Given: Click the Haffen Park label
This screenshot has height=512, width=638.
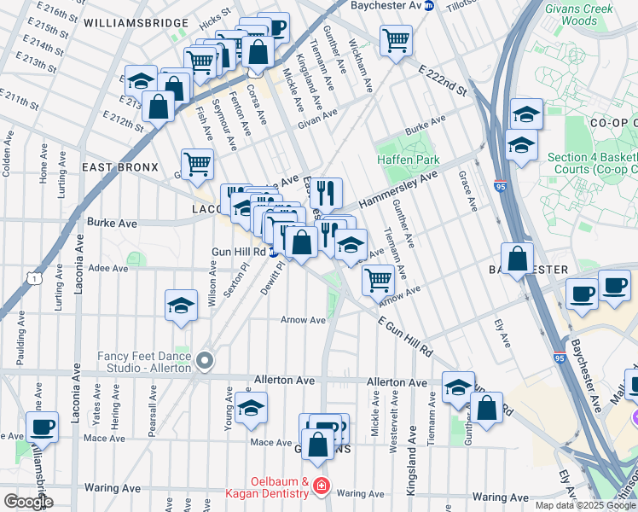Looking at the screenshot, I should pos(408,160).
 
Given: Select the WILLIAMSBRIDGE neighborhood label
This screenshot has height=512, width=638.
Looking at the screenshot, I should pos(136,22).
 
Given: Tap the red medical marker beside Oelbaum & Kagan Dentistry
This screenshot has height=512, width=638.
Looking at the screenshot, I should pos(322,486).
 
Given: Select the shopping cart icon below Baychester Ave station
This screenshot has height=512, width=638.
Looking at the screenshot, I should pos(396,39).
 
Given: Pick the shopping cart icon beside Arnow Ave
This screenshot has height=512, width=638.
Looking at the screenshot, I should pos(378,278).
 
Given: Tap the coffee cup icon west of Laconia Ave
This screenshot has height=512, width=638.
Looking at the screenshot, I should pos(42,426).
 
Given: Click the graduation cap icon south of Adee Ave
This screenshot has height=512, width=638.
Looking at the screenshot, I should pos(181,305).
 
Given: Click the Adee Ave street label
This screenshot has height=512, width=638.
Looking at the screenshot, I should pos(107,268).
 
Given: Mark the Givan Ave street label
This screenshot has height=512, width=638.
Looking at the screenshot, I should pos(317,118).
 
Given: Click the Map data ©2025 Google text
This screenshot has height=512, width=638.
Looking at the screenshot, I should pos(584,505).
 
